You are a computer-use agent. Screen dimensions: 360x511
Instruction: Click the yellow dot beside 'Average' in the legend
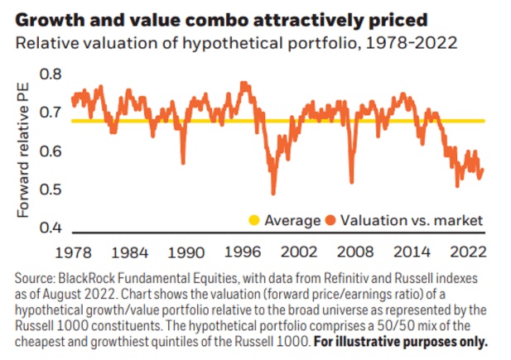pos(254,220)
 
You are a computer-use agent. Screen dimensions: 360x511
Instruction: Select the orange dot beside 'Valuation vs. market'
pos(330,220)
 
